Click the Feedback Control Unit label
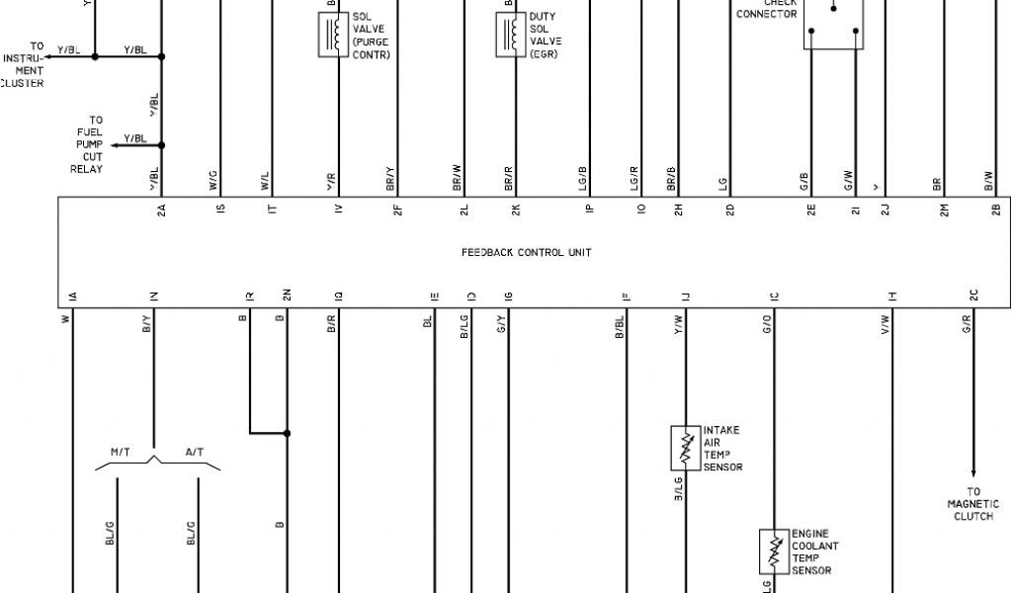tap(526, 252)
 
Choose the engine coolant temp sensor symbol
tap(774, 552)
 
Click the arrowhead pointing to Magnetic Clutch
tap(973, 472)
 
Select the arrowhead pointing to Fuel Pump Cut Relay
tap(114, 145)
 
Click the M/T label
tap(121, 451)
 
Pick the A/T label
tap(195, 451)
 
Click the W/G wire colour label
tap(212, 181)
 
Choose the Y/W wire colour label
tap(678, 322)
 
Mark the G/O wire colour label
tap(767, 322)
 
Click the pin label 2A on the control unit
tap(160, 209)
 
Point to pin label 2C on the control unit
tap(973, 296)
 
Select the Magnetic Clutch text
tap(973, 504)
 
